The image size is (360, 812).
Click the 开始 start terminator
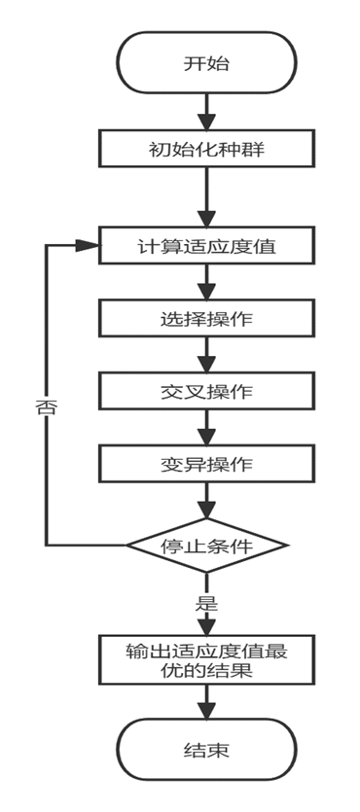click(206, 62)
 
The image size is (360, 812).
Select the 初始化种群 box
click(206, 149)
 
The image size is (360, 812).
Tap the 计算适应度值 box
click(206, 245)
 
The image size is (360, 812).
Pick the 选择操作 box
click(206, 317)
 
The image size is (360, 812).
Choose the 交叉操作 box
click(206, 390)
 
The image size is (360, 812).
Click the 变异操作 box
click(206, 463)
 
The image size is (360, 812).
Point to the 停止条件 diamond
click(206, 546)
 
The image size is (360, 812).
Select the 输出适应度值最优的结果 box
click(206, 659)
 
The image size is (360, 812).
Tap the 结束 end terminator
click(206, 749)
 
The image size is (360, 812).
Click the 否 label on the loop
click(46, 408)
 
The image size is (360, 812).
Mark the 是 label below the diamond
click(206, 603)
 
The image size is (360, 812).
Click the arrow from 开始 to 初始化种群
click(206, 112)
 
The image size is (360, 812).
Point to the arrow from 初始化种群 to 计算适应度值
click(206, 196)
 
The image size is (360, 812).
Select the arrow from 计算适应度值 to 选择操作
click(206, 281)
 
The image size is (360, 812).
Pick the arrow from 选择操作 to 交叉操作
click(206, 354)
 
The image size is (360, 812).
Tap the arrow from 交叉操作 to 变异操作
click(206, 427)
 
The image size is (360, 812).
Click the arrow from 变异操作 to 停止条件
click(206, 500)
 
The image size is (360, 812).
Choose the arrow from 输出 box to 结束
click(206, 701)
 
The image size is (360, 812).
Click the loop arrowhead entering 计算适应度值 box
click(89, 245)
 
